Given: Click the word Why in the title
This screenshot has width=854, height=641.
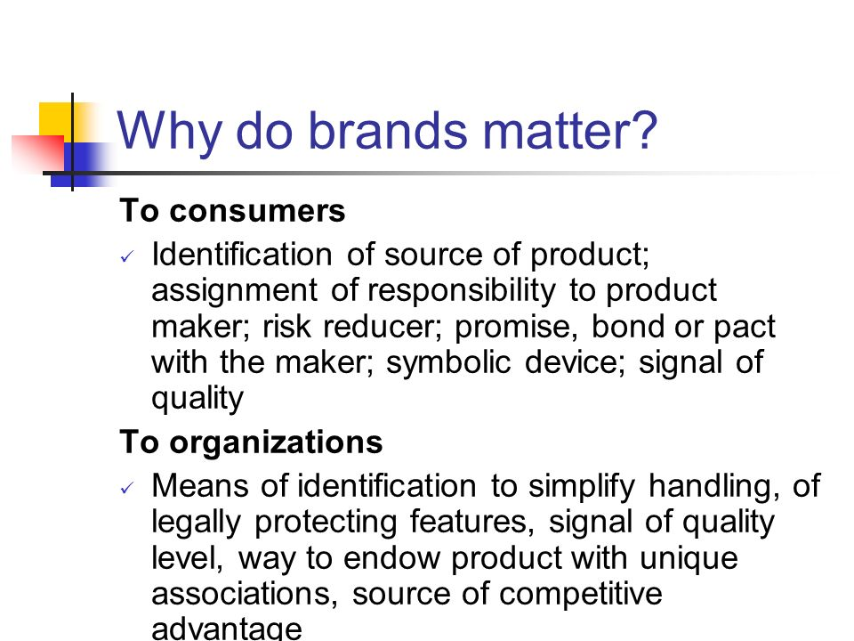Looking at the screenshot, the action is tap(169, 131).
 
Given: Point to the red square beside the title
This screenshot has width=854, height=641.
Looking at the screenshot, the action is tap(38, 154).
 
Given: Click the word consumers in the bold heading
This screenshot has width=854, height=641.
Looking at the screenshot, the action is tap(257, 211).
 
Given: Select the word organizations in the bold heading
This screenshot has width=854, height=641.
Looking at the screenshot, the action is tap(276, 443).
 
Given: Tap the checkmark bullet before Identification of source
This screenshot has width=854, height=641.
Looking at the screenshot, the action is tap(127, 256).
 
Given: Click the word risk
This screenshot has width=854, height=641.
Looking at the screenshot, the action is tap(286, 327).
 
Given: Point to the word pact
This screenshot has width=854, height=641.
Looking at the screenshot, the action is tap(744, 328).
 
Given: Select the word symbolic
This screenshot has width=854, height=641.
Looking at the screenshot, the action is tap(448, 363).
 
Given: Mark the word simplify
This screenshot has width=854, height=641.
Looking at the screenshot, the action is tap(582, 487).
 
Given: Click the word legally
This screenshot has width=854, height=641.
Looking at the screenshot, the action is tap(196, 523).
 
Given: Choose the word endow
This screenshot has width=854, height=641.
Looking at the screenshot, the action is tap(391, 558).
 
